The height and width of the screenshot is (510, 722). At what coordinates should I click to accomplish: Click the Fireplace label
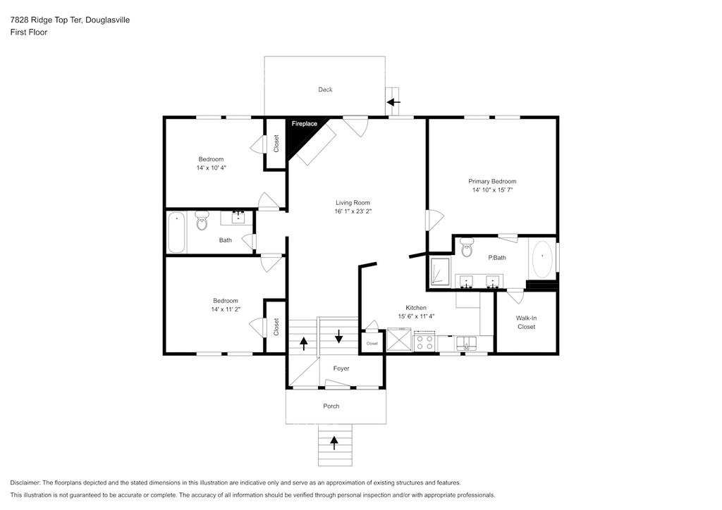(x=305, y=124)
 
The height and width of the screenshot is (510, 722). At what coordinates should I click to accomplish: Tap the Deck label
(x=325, y=89)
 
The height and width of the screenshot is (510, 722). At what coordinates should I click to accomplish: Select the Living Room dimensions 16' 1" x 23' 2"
(x=353, y=211)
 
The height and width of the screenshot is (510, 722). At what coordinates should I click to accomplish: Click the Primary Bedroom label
(x=492, y=181)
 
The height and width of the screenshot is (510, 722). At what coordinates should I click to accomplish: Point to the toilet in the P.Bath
(x=467, y=247)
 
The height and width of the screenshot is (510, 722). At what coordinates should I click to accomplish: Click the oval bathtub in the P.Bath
(x=542, y=259)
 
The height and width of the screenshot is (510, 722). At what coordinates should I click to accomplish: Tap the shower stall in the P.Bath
(x=440, y=270)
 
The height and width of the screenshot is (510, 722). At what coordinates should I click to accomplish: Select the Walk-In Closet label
(x=526, y=323)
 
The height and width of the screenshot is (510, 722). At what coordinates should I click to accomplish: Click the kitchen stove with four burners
(x=424, y=341)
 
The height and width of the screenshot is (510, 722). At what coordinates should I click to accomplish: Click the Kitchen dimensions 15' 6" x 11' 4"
(x=416, y=316)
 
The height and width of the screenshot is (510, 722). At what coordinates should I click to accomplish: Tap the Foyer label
(x=341, y=368)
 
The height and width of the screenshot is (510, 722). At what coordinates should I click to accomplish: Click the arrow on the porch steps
(x=334, y=443)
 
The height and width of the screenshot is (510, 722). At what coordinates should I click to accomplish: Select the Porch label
(x=331, y=406)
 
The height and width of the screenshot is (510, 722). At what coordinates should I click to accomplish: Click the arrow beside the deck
(x=393, y=102)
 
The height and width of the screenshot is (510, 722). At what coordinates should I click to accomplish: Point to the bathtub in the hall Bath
(x=176, y=232)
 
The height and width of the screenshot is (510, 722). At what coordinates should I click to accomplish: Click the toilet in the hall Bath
(x=202, y=220)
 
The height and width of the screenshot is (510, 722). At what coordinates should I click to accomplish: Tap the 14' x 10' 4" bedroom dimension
(x=212, y=168)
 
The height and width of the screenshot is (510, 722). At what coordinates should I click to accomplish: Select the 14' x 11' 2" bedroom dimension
(x=226, y=309)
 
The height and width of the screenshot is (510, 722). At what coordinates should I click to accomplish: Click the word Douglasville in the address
(x=108, y=20)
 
